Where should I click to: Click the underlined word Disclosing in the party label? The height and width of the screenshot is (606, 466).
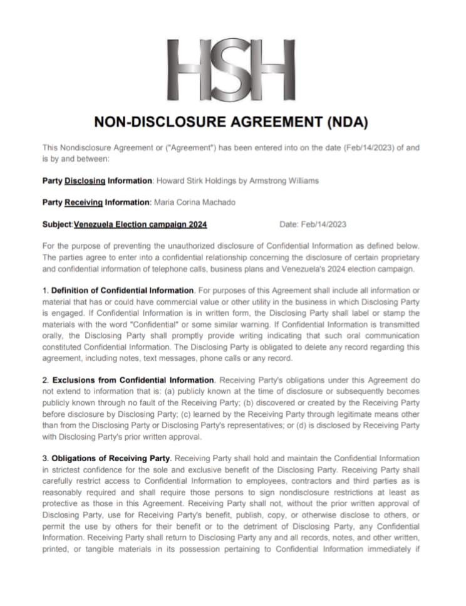(x=85, y=180)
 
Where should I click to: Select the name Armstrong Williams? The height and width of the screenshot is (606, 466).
(x=287, y=180)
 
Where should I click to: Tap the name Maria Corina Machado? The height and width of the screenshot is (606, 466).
(x=191, y=202)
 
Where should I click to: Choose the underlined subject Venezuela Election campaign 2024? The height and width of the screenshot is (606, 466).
(x=140, y=224)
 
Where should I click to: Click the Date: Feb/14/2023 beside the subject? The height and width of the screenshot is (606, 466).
(x=313, y=224)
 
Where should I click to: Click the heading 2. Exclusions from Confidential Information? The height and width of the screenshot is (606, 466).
(x=129, y=380)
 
